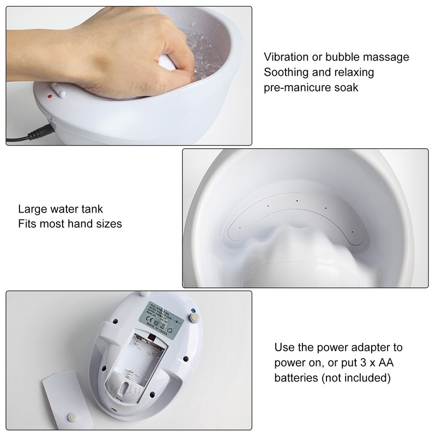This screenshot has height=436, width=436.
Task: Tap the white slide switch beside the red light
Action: [x=58, y=90]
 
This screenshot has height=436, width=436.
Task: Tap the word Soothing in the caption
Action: [x=285, y=72]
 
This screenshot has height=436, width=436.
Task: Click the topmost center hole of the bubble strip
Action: [x=297, y=201]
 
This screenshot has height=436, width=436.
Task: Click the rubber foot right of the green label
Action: [x=194, y=315]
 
